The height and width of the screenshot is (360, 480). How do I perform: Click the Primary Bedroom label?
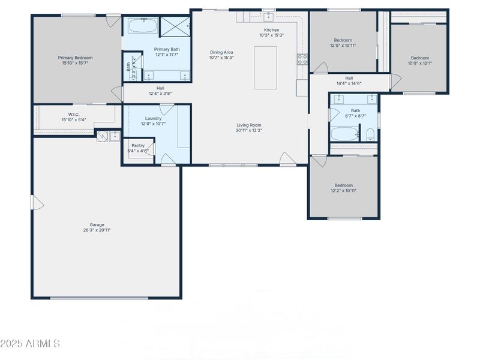coord(75,58)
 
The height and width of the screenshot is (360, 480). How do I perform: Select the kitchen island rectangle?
coord(265,67)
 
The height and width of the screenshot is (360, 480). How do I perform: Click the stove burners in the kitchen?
coord(302,59)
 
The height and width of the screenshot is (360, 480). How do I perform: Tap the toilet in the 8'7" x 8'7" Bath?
coord(370,134)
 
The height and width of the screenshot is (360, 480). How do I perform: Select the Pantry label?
coord(138,146)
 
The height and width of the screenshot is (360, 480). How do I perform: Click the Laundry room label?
coord(153,118)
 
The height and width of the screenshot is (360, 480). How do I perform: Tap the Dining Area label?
coord(221,52)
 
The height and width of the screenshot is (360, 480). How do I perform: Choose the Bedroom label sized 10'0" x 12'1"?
coord(419,58)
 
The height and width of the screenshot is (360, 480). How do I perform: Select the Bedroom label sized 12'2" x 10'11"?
coord(343,185)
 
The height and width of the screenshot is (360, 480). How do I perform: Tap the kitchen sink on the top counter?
coord(268,17)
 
